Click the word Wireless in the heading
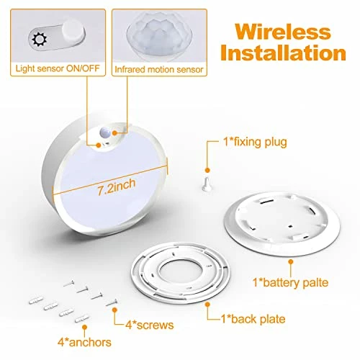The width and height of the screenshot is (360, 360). (283, 32)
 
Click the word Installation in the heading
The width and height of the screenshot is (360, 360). (283, 53)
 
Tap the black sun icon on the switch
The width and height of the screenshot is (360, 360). (40, 39)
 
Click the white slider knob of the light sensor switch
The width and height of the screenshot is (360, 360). (73, 32)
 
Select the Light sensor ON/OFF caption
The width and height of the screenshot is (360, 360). (58, 68)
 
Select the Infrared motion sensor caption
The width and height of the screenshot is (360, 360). (159, 70)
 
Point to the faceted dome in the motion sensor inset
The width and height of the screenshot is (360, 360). (159, 36)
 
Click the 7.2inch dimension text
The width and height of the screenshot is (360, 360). (117, 186)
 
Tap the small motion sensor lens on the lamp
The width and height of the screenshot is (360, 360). (105, 131)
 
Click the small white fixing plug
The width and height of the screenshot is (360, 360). (207, 184)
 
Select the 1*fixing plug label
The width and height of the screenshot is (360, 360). (255, 142)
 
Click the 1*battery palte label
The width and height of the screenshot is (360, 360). (291, 282)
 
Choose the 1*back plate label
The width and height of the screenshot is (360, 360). (253, 319)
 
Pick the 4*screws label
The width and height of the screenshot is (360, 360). (150, 325)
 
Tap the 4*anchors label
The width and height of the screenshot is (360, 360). (84, 343)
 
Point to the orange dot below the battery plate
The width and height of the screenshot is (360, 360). (291, 262)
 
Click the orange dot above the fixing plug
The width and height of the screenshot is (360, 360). (207, 170)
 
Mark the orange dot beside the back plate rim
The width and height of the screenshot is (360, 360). (208, 305)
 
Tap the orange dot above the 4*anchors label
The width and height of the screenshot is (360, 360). (84, 327)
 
